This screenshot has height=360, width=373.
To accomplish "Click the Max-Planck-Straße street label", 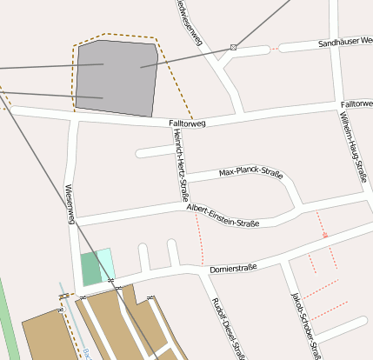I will [250, 171].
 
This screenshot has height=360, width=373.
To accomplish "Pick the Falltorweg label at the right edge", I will [356, 103].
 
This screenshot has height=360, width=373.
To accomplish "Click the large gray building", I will [117, 78].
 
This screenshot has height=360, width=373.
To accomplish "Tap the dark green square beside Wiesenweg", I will [90, 270].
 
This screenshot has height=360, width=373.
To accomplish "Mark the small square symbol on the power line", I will [233, 46].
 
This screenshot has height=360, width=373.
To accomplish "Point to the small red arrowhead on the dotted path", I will [325, 234].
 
